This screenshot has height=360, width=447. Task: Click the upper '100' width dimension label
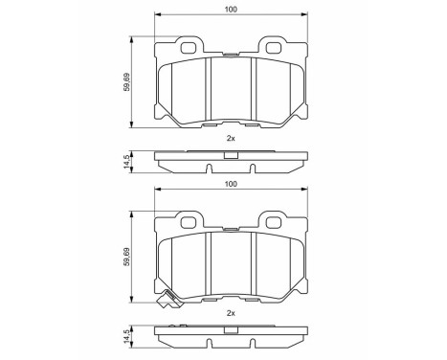230,10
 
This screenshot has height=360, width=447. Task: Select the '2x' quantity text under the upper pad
230,138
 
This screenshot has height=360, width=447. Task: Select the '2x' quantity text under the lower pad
230,312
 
